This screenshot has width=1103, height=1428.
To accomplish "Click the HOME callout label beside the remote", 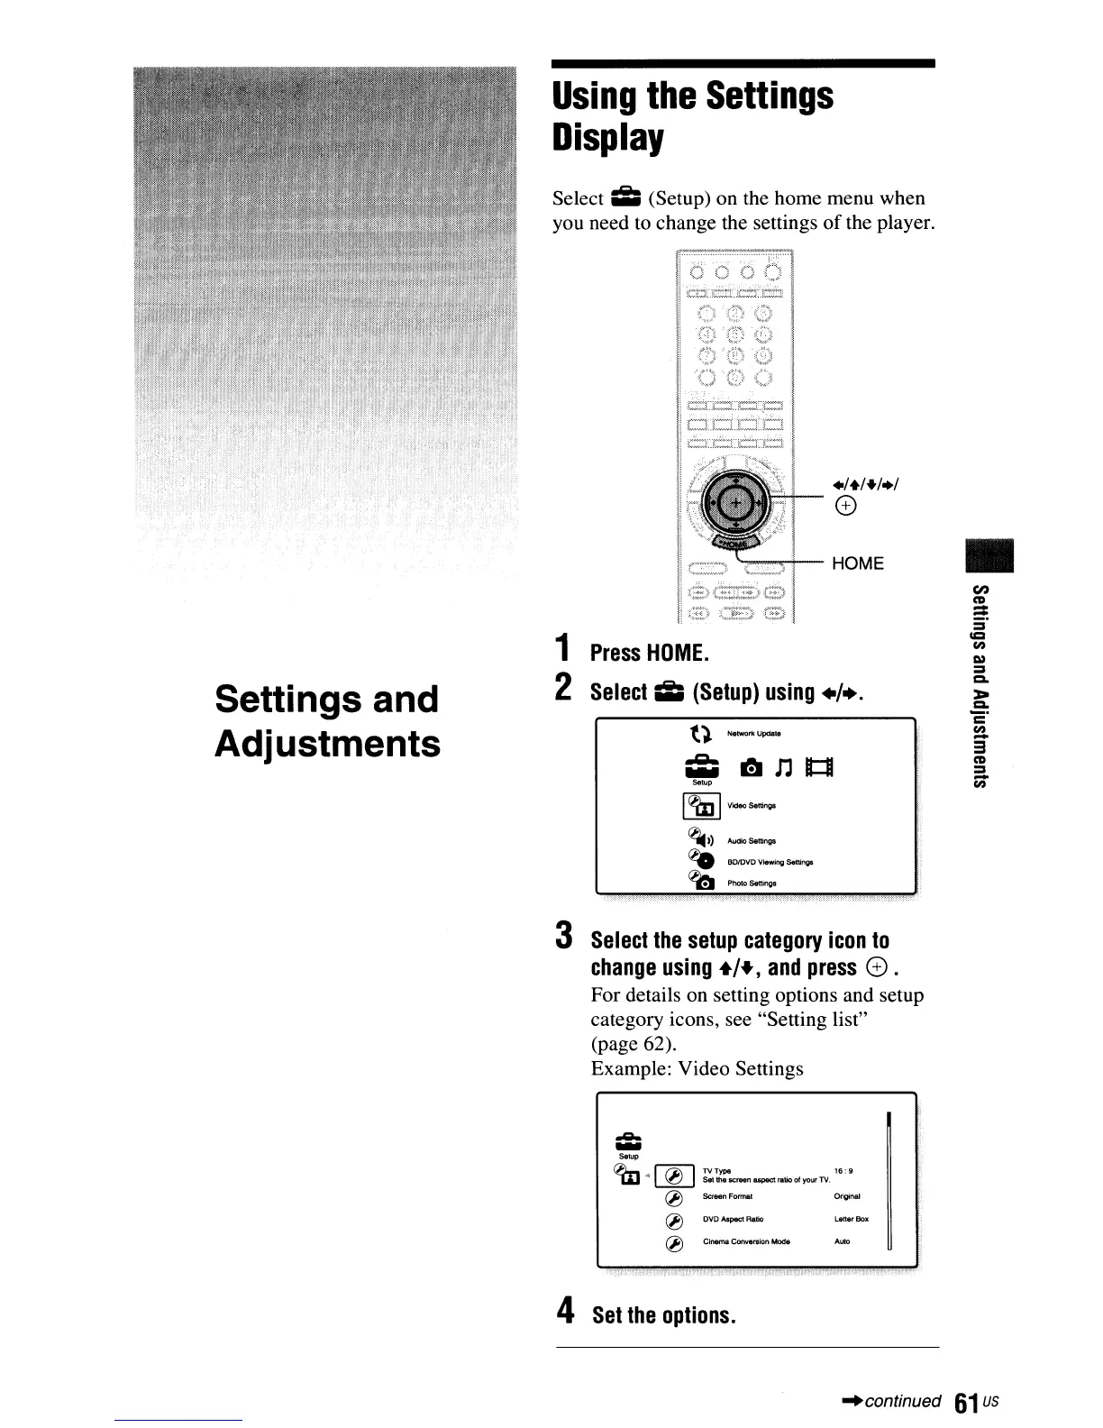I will [x=857, y=563].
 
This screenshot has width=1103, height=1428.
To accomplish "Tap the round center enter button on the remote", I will [x=736, y=502].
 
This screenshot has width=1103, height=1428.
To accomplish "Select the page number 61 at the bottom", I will [x=967, y=1404].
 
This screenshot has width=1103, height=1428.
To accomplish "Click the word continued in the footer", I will [x=902, y=1401].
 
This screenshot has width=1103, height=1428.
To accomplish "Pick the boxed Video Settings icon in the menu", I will [x=702, y=805].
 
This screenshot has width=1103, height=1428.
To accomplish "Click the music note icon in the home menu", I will [x=783, y=767].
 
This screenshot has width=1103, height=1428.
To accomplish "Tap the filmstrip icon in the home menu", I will [x=821, y=767].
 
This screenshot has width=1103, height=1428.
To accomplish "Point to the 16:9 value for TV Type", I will [x=843, y=1171].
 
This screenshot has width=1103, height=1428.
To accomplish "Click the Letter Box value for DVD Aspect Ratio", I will [x=851, y=1219].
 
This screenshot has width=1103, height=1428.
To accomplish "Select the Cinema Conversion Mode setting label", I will [x=746, y=1241].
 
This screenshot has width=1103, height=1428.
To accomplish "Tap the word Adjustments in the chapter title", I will [x=328, y=745].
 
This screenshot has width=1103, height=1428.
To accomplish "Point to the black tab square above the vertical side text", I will [x=989, y=554].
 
